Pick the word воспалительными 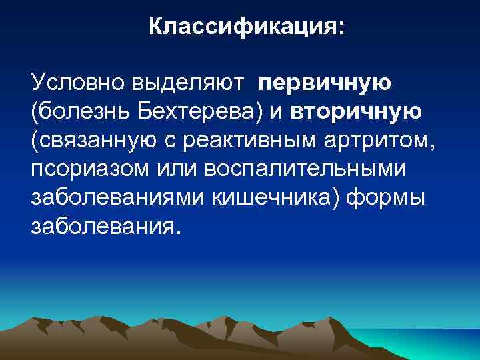coord(304,168)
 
